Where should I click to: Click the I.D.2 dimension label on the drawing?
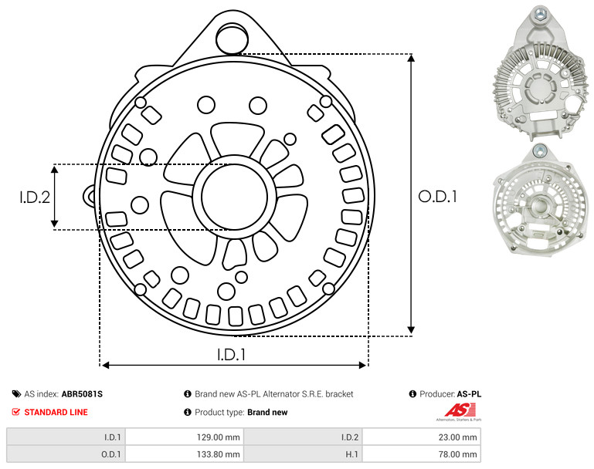[x=35, y=197]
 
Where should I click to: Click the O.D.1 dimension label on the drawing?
[x=437, y=197]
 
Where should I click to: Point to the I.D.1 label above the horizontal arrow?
[x=232, y=355]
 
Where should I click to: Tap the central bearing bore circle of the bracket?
[x=235, y=197]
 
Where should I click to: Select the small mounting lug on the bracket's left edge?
[x=90, y=196]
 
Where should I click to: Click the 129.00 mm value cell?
[x=185, y=437]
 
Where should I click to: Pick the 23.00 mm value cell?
[x=422, y=437]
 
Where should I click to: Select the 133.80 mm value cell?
[x=185, y=454]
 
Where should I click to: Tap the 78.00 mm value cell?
[x=422, y=454]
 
